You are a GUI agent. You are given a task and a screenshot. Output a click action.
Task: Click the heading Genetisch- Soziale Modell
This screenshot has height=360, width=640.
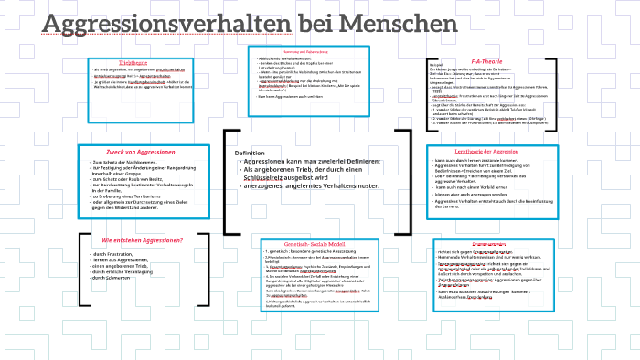point(311,246)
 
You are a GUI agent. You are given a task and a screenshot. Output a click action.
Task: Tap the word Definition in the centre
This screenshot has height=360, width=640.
point(250,153)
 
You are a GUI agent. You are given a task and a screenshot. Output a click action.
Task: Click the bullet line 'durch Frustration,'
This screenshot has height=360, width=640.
point(115,253)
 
